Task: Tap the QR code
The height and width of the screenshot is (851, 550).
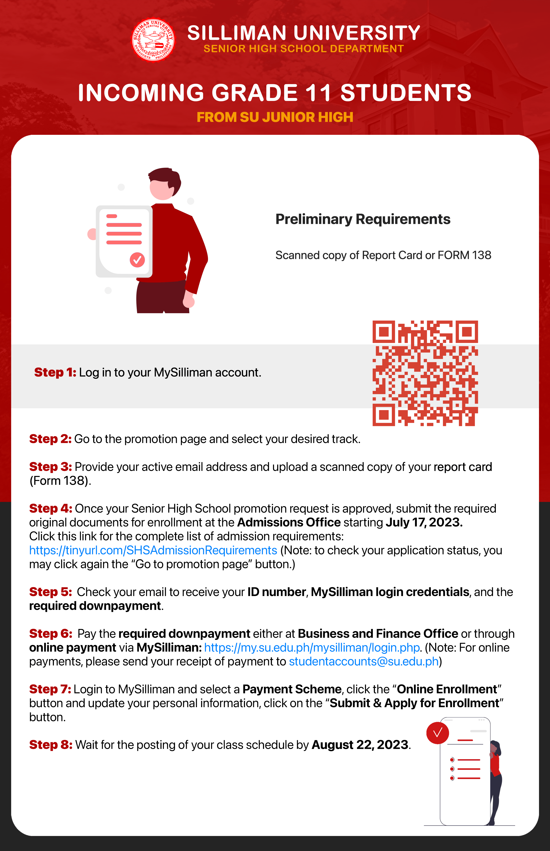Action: point(425,373)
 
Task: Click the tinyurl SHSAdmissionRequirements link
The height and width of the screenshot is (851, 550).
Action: point(153,550)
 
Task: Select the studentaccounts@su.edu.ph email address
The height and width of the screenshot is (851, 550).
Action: point(363,661)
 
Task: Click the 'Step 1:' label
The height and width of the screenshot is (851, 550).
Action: point(55,373)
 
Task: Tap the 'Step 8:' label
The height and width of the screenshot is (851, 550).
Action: point(51,745)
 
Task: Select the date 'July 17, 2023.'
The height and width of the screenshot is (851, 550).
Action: point(424,522)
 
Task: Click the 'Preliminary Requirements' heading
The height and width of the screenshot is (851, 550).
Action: point(363,219)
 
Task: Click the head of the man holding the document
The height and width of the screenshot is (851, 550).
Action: point(163,184)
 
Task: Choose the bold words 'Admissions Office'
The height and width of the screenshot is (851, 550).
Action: point(289,522)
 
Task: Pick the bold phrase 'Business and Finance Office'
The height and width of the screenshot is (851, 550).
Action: point(378,634)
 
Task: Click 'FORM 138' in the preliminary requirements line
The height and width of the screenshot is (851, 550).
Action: point(464,255)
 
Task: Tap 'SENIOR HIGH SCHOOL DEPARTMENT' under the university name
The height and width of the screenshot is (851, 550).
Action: point(303,49)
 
